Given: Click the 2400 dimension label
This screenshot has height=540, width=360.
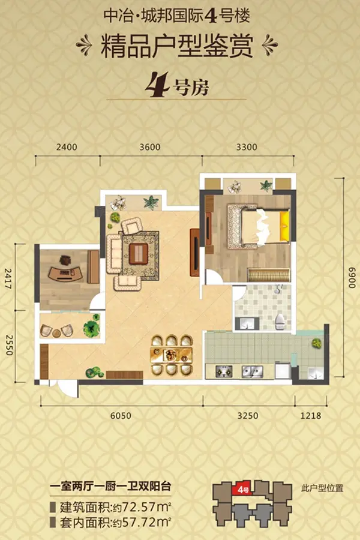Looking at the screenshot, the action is click(x=67, y=147).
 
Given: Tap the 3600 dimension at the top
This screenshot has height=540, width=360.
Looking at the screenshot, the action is click(x=150, y=147).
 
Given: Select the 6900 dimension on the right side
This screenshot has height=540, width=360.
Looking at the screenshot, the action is click(x=352, y=278).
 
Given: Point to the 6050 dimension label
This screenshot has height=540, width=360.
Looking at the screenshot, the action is click(x=121, y=416).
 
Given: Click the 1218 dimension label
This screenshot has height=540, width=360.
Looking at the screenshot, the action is click(x=311, y=416).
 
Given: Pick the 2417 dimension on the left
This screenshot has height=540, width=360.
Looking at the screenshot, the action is click(x=8, y=278).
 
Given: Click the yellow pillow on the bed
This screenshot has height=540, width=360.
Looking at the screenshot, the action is click(x=284, y=226).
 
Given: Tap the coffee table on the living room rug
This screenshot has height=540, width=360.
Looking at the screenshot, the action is click(x=139, y=254).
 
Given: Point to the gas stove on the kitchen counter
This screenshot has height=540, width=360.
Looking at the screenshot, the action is click(x=224, y=371).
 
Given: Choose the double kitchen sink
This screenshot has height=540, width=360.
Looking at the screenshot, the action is click(x=252, y=371).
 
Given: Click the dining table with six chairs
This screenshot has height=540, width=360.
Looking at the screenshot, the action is click(x=171, y=355).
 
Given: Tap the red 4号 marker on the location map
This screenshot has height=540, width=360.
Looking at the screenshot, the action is click(x=243, y=488).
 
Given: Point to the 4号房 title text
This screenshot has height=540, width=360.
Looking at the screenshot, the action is click(x=177, y=85).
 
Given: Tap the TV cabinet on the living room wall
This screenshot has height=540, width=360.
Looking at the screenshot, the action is click(x=194, y=253).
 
